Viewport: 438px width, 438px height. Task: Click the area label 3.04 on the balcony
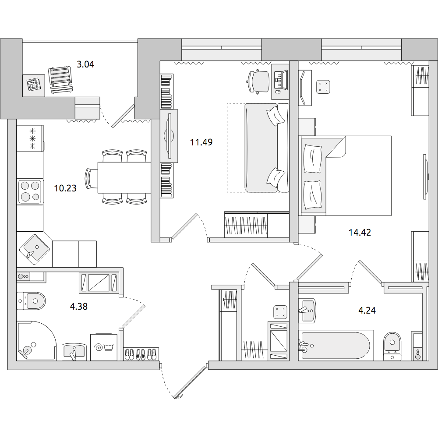[x=85, y=65]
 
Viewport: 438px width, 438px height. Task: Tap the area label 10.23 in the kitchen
[x=65, y=188]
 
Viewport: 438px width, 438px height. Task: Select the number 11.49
[x=201, y=142]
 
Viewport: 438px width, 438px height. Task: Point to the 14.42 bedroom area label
[x=360, y=232]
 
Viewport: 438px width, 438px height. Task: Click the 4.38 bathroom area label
[x=79, y=307]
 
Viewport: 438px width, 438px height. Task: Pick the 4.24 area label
[x=367, y=311]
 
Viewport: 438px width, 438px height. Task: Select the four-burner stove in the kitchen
[x=30, y=192]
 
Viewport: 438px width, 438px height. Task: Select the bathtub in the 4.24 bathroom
[x=336, y=345]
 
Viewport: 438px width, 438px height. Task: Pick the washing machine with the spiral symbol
[x=104, y=347]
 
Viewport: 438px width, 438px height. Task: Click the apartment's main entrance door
[x=191, y=382]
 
